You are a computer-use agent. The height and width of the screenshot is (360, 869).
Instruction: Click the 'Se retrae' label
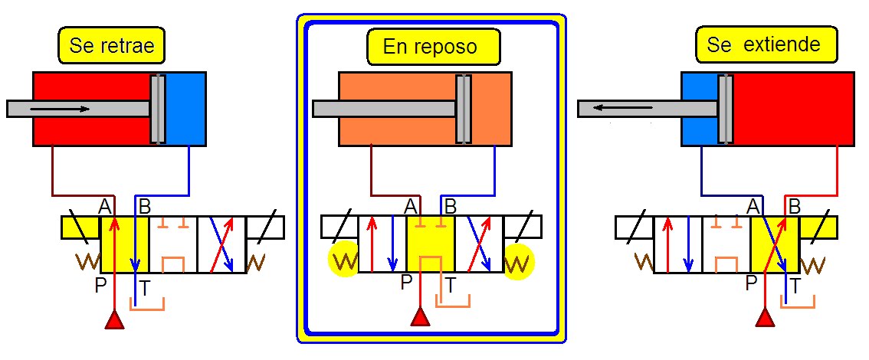[x=111, y=45]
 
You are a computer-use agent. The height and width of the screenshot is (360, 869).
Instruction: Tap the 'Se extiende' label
[x=762, y=45]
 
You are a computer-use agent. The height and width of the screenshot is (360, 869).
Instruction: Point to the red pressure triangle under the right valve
[x=765, y=317]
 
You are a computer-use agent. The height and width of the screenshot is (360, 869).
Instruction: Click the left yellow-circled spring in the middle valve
[x=344, y=260]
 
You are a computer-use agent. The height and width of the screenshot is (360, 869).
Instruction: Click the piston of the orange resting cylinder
[x=463, y=108]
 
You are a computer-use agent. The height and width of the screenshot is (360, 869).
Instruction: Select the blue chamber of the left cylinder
[x=185, y=108]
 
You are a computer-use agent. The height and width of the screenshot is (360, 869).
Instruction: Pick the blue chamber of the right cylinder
[x=699, y=108]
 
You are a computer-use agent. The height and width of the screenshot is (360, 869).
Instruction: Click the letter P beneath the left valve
[x=100, y=285]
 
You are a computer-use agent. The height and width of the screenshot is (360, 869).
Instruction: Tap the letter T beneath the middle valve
[x=452, y=285]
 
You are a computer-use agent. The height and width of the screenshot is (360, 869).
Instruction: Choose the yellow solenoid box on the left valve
[x=80, y=227]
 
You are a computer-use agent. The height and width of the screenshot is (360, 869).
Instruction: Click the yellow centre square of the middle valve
[x=431, y=244]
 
